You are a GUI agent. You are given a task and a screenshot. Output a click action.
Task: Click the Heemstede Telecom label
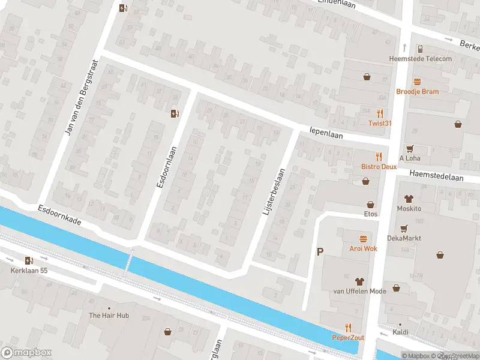tap(421, 58)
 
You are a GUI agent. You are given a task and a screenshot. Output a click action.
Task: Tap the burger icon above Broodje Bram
tap(417, 82)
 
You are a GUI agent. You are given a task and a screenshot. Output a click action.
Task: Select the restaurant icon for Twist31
tap(380, 113)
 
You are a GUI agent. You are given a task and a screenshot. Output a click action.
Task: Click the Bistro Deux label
tap(379, 166)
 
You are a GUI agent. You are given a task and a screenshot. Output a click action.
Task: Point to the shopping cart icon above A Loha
tap(410, 148)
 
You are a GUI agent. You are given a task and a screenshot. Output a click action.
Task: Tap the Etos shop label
tap(370, 213)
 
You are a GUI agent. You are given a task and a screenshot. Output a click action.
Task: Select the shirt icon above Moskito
tap(409, 199)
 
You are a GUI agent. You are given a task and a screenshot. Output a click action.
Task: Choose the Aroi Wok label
tap(362, 248)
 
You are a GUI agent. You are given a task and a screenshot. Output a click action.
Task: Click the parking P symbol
tap(320, 253)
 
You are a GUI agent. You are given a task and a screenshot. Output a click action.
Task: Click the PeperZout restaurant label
tap(348, 337)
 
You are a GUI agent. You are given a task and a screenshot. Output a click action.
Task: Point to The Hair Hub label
tap(109, 315)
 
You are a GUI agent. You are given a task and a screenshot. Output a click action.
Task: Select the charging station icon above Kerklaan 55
tap(29, 260)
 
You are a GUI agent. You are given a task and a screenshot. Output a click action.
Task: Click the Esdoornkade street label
tap(59, 217)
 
